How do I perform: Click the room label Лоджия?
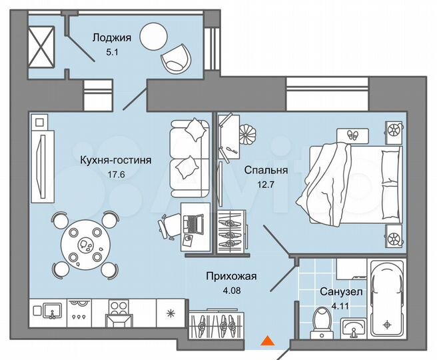[x=107, y=37]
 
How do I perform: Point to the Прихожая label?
[x=230, y=276]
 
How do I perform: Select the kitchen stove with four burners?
[x=118, y=309]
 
